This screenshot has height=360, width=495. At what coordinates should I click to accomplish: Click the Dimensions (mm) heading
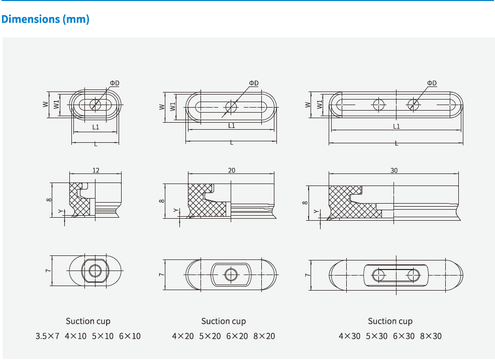point(45,19)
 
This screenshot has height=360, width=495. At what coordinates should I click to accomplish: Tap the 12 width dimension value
point(95,170)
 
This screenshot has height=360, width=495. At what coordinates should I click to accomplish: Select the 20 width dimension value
point(231,170)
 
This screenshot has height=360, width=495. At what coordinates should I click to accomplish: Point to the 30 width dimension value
point(393,170)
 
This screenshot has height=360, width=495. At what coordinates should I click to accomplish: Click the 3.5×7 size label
point(47,336)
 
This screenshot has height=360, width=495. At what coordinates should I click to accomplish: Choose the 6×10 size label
point(130,336)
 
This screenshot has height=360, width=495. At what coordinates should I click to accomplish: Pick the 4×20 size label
point(183,336)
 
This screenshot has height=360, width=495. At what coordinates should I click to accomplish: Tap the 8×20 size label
point(264,336)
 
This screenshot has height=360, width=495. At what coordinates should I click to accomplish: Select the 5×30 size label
point(376,336)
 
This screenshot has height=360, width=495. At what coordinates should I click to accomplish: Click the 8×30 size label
point(431,336)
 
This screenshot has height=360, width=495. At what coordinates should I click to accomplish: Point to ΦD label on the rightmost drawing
point(432,83)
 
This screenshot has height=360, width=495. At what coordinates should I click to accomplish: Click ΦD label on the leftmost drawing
point(115,83)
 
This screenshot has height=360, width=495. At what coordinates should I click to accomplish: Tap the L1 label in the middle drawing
point(231,126)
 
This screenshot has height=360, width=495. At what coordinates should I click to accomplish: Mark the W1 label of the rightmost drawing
point(320,105)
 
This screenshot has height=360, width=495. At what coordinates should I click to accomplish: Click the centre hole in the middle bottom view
point(231,275)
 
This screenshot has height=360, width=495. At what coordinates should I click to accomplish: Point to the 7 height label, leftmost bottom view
point(48,271)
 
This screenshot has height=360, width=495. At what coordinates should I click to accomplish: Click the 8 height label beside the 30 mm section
point(305,203)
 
